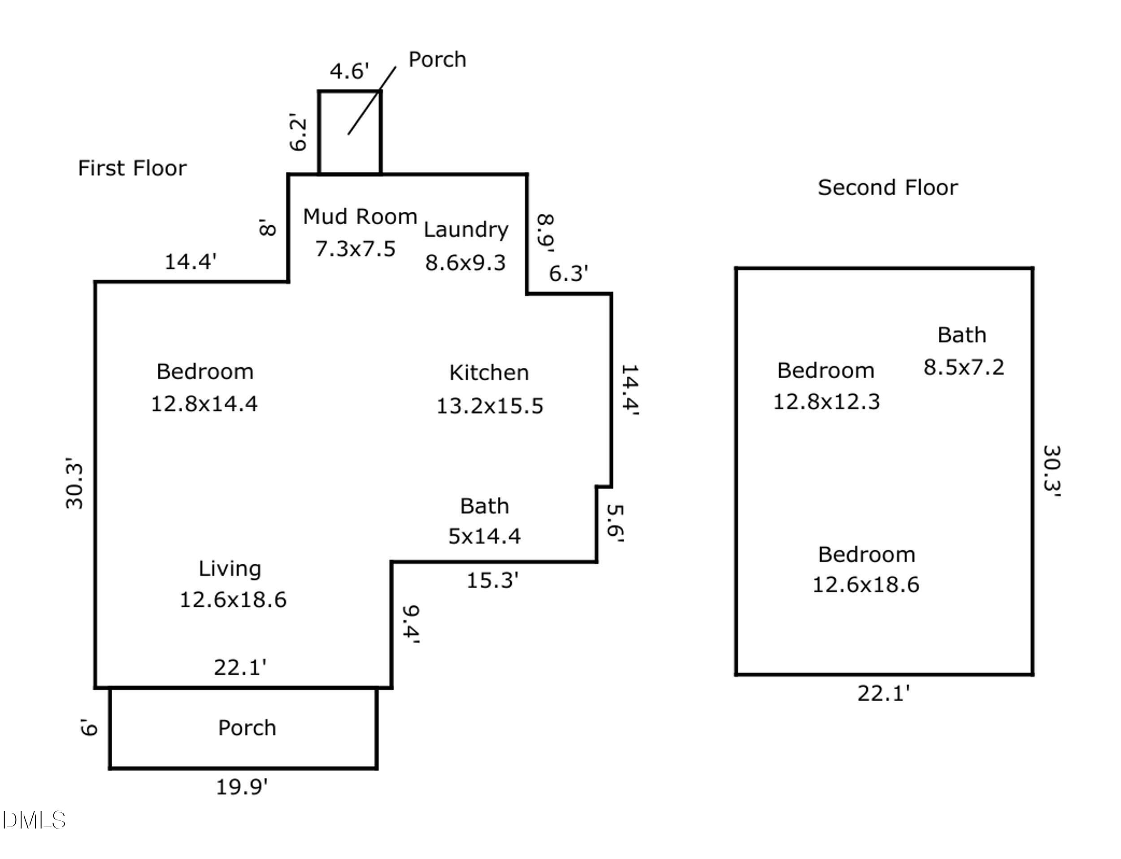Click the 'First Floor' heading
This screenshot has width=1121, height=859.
132,168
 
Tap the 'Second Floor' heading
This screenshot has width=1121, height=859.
887,187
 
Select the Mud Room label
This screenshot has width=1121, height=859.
360,217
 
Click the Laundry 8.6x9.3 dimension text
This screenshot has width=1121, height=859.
465,263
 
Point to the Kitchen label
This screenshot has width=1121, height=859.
489,373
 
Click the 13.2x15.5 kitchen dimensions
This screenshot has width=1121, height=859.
489,406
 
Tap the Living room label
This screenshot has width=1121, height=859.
230,569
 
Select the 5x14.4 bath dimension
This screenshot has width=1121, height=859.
484,536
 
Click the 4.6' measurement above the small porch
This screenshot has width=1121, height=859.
349,71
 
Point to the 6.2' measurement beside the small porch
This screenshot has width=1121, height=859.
298,132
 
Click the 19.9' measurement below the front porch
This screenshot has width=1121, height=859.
242,787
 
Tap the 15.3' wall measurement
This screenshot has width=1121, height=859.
492,580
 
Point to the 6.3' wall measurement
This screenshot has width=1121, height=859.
569,274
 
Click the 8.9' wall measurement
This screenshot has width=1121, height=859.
545,233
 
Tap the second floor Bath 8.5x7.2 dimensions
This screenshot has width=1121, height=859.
963,367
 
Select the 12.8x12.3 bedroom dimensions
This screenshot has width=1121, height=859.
826,401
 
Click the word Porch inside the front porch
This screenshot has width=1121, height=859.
247,728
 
